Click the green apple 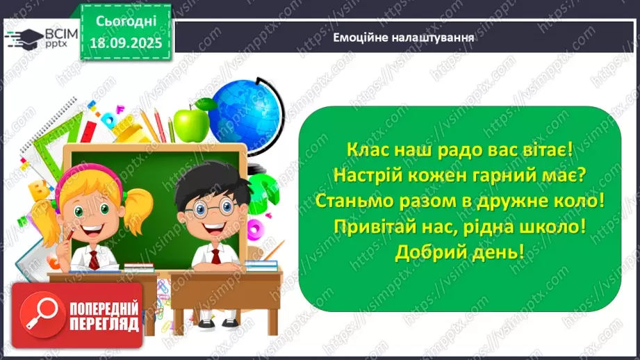click(x=191, y=123)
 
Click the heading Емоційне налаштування click(x=404, y=38)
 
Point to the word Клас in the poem click(x=369, y=149)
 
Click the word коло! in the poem click(x=576, y=202)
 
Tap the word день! click(x=495, y=253)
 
